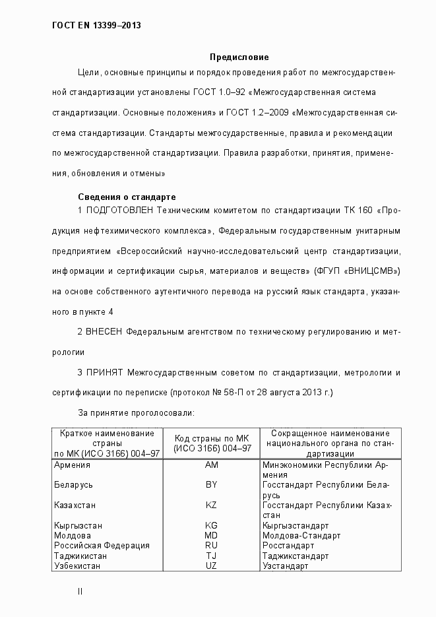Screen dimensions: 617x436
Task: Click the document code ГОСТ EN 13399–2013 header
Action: [x=96, y=26]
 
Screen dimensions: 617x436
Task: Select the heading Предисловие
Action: [x=239, y=57]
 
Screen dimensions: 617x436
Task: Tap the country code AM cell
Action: [x=212, y=465]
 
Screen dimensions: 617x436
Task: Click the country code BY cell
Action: [x=212, y=485]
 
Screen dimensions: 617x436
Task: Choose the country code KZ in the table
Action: [x=212, y=505]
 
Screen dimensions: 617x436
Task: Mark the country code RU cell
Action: [x=212, y=546]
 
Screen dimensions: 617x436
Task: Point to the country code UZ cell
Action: [x=212, y=566]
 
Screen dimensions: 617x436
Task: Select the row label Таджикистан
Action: [x=80, y=556]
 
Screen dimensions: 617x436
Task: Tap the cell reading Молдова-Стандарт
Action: [x=301, y=536]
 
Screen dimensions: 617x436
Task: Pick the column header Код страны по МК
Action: [x=212, y=439]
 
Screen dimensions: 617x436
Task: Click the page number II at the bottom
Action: [x=80, y=592]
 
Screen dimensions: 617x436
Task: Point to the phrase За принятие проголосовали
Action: [x=136, y=412]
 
